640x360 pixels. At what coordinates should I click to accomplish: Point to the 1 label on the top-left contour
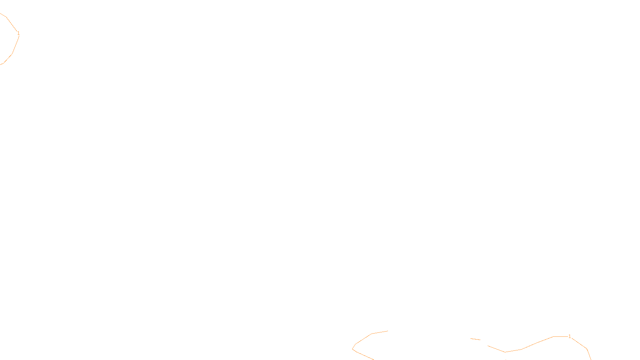click(x=18, y=33)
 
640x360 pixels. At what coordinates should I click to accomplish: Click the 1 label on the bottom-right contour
click(x=570, y=336)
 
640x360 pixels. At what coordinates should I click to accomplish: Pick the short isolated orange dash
click(x=475, y=339)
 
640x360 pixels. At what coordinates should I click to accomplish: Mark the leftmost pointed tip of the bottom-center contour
click(x=352, y=349)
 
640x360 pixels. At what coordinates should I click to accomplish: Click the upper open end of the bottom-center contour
click(x=388, y=331)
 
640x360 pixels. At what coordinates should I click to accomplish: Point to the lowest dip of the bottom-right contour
click(x=505, y=352)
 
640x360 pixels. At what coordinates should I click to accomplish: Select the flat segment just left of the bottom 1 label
click(x=560, y=336)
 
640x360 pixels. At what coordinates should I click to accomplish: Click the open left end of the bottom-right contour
click(x=488, y=346)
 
